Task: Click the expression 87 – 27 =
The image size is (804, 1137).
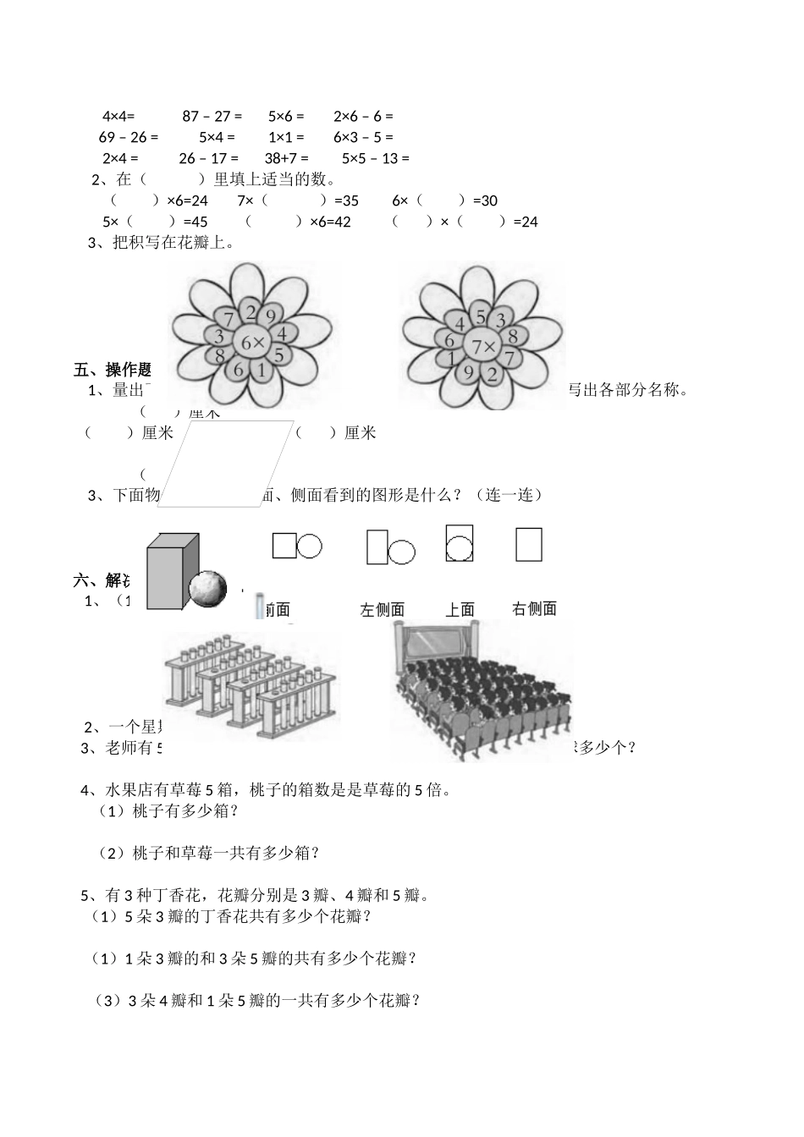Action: (x=212, y=116)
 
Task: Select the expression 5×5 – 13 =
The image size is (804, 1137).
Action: (x=375, y=158)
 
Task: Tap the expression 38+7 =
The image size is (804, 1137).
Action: (x=286, y=158)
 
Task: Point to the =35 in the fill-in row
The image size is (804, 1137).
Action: (x=346, y=201)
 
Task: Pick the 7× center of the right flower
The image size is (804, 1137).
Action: (x=484, y=346)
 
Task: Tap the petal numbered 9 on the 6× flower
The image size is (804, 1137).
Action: (x=271, y=317)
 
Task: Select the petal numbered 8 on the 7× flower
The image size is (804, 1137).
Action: (x=512, y=337)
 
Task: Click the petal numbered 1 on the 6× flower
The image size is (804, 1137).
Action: (x=262, y=369)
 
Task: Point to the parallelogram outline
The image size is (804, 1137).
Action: (x=226, y=464)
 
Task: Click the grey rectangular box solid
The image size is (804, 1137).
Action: (x=172, y=571)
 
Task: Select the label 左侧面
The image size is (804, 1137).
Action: (x=383, y=609)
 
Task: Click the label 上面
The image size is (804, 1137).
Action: (x=460, y=609)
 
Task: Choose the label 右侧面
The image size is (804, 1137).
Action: (x=535, y=608)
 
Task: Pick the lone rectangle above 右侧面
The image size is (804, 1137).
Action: (x=529, y=544)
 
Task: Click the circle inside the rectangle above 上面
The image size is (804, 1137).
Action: (x=460, y=548)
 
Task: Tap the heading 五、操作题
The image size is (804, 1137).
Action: (x=113, y=370)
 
